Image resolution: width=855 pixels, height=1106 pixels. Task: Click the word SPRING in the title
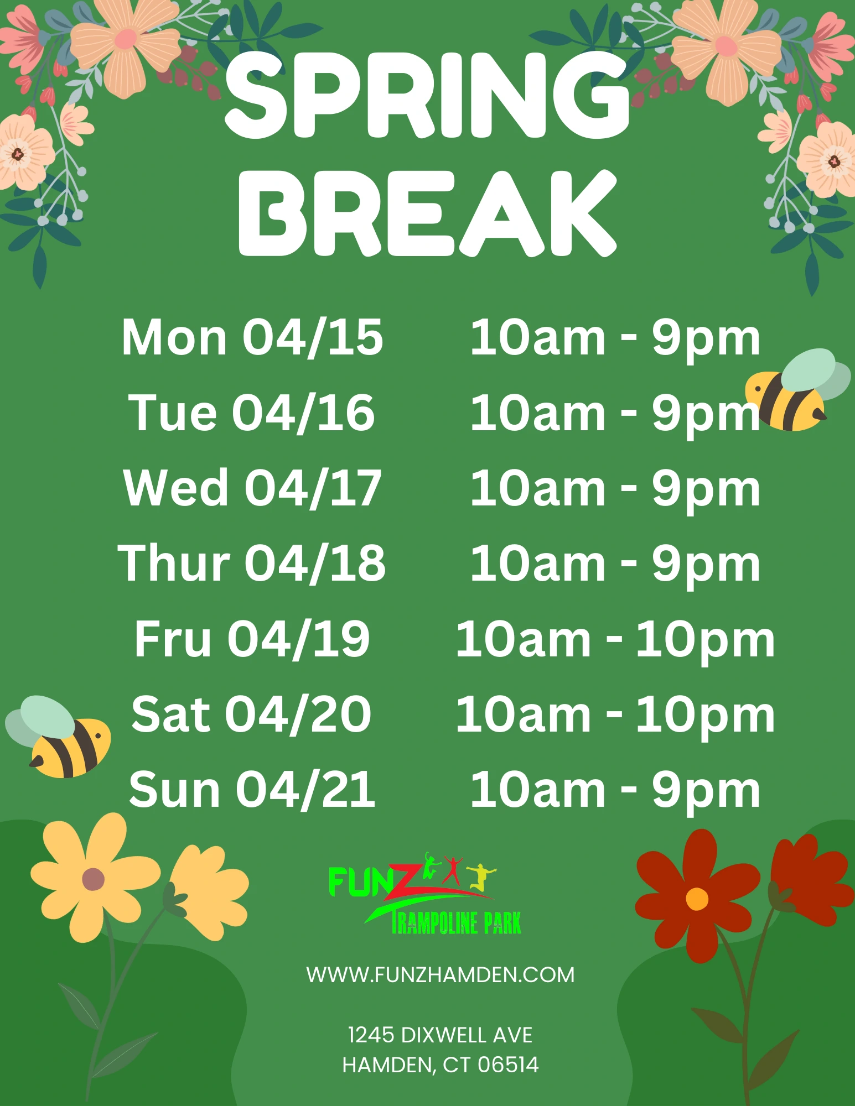click(427, 95)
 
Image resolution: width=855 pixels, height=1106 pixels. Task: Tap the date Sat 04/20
click(251, 714)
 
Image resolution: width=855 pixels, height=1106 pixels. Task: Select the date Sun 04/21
click(252, 789)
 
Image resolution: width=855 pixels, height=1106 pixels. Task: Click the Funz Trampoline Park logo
click(425, 893)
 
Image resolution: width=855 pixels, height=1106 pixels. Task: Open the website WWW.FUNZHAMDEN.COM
click(441, 975)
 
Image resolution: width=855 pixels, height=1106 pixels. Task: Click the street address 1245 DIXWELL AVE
click(441, 1035)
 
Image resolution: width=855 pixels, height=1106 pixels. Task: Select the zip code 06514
click(508, 1065)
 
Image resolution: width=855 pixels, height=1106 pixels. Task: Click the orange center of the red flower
click(697, 899)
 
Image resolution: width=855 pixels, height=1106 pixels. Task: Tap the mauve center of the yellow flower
click(93, 879)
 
